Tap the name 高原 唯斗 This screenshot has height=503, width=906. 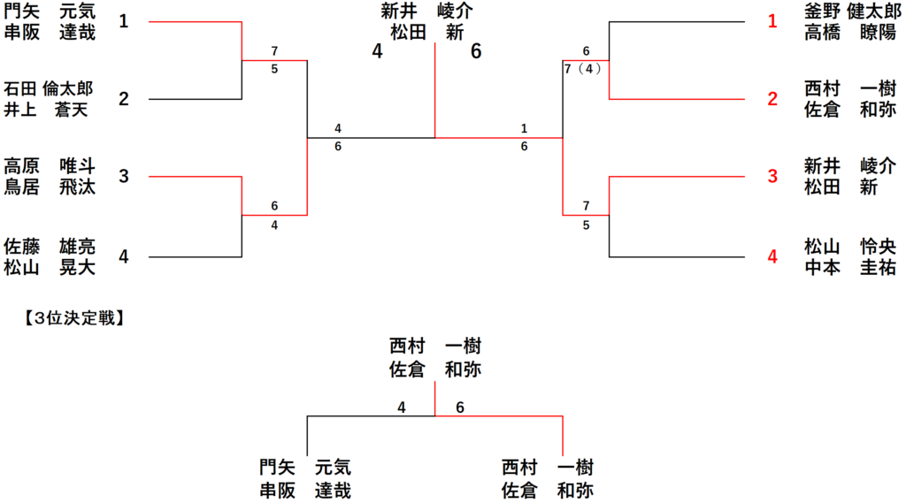click(x=50, y=166)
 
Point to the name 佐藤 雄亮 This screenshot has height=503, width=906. click(x=50, y=246)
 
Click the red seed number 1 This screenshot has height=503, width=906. click(x=772, y=21)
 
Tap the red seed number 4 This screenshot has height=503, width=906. click(x=772, y=257)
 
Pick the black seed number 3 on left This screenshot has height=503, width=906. click(x=124, y=177)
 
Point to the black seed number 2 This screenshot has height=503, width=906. click(x=124, y=99)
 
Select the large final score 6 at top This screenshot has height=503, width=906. click(x=476, y=51)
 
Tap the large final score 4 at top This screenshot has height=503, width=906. click(x=378, y=51)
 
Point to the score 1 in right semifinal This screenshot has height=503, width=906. click(x=525, y=129)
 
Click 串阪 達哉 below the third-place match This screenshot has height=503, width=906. click(x=305, y=491)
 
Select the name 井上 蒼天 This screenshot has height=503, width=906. click(x=50, y=109)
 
